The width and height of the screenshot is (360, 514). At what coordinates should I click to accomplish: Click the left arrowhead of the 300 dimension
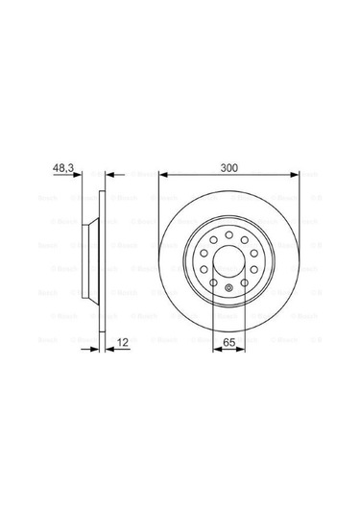click(x=164, y=176)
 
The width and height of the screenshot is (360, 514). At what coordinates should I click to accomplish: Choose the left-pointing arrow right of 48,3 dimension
click(x=108, y=176)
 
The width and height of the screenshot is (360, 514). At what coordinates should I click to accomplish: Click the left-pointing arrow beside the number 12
click(x=108, y=350)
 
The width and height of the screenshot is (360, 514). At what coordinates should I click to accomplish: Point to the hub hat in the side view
click(x=88, y=259)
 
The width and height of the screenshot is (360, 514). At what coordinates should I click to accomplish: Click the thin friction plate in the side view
click(x=100, y=259)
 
